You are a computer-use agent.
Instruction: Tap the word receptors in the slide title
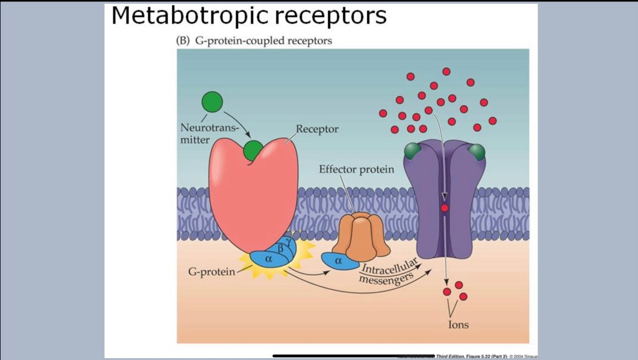point(331,16)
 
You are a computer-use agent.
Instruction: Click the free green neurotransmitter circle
point(212,102)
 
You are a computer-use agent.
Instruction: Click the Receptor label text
point(317,130)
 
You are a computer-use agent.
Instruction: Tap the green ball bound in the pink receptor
point(253,150)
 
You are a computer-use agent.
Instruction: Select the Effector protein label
point(356,169)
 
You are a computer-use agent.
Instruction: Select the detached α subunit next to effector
point(338,261)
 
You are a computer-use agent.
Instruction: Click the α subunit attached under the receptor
point(269,258)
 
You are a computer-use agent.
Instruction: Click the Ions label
point(458,324)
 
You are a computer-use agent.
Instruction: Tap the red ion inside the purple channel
point(444,208)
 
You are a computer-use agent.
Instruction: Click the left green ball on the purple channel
point(412,151)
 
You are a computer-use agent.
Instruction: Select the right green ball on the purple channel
point(477,151)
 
